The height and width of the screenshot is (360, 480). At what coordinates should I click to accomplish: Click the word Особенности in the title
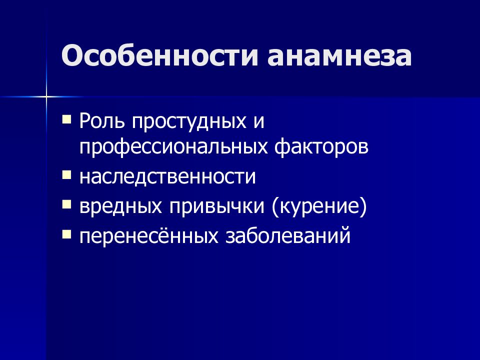click(x=159, y=55)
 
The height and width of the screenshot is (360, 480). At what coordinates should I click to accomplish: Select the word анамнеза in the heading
click(x=339, y=56)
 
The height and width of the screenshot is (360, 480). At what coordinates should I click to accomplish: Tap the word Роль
click(x=102, y=120)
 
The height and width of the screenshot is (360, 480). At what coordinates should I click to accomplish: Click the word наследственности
click(x=167, y=177)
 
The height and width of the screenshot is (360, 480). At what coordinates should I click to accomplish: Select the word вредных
click(x=120, y=207)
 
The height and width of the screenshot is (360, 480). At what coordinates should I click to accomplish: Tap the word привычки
click(x=216, y=207)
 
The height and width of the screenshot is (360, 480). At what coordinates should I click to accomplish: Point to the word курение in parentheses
click(x=319, y=207)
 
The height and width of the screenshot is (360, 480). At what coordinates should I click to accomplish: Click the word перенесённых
click(x=149, y=235)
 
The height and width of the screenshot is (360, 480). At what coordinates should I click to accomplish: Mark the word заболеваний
click(x=288, y=235)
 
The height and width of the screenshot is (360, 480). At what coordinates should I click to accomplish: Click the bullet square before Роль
click(x=66, y=119)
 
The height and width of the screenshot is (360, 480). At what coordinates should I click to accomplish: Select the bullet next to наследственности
click(x=66, y=175)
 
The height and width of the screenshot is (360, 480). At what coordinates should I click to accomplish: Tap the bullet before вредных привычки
click(x=66, y=204)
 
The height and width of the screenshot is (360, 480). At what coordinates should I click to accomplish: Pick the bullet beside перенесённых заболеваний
click(x=66, y=234)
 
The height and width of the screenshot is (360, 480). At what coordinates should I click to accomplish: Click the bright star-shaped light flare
click(x=46, y=97)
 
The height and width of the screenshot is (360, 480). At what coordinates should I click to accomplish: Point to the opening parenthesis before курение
click(x=275, y=207)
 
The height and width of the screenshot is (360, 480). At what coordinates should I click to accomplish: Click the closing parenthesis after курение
click(x=363, y=207)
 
